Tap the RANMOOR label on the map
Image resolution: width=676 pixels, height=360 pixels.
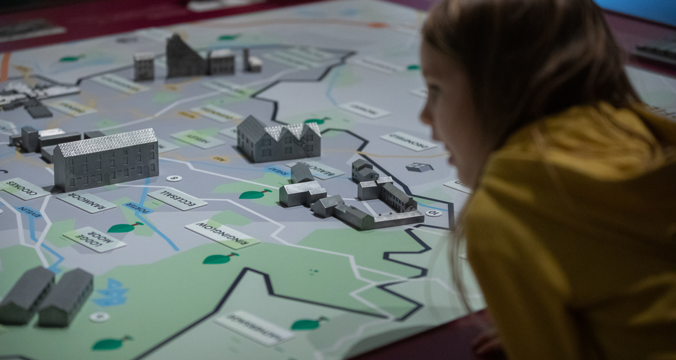[x=86, y=201]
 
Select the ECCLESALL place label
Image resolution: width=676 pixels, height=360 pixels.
[x=177, y=199]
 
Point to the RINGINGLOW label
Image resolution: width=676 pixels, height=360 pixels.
[x=222, y=233]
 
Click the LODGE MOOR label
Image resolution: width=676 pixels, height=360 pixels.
[x=94, y=239]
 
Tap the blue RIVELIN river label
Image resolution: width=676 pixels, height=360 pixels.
[x=29, y=211]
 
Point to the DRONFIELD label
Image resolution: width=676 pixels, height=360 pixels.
[x=408, y=141]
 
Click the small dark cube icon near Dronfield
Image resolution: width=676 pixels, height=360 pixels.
[x=419, y=167]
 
